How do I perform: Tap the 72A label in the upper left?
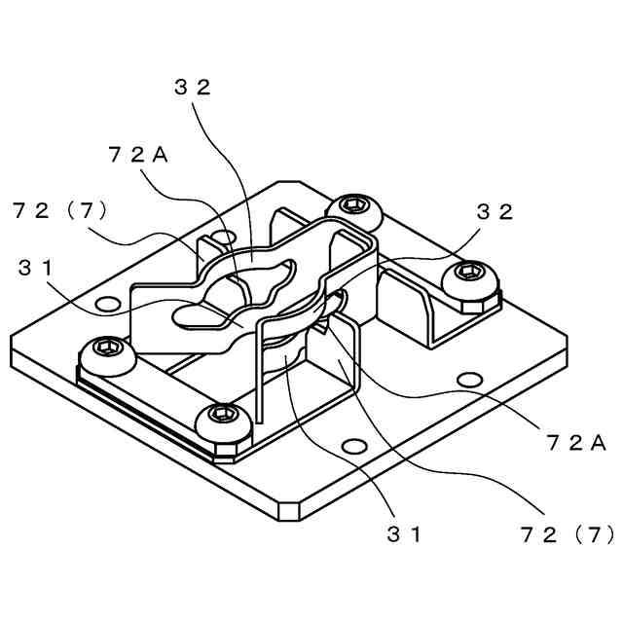click(138, 155)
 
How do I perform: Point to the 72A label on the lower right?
click(576, 443)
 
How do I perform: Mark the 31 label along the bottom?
click(404, 533)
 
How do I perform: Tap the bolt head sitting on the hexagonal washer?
click(471, 275)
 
